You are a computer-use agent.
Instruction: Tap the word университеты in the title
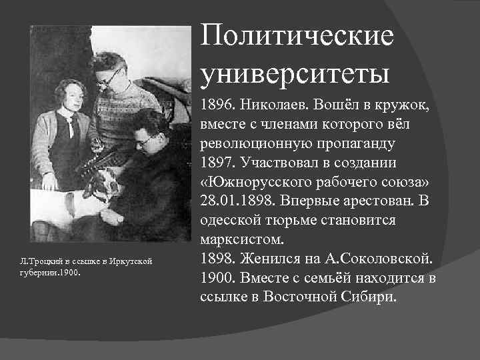[294, 71]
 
